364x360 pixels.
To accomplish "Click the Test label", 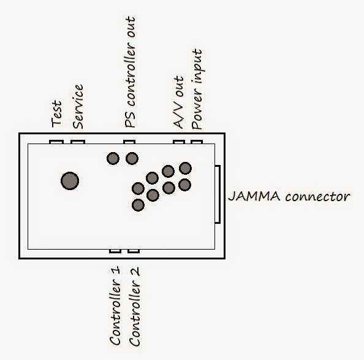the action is click(57, 113).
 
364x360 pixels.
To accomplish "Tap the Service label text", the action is click(78, 107).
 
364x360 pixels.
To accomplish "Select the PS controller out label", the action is click(130, 72).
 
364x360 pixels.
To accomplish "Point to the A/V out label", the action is click(179, 102).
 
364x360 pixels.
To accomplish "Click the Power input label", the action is click(197, 89).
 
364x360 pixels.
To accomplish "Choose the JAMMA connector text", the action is click(289, 196).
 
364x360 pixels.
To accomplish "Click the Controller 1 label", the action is click(115, 305).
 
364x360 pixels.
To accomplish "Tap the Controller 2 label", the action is click(134, 307).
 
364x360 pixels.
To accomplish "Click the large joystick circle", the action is click(70, 181).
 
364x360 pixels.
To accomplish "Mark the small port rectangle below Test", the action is click(56, 142).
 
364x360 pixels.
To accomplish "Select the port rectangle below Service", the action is click(78, 142).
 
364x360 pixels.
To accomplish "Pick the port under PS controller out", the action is click(129, 142).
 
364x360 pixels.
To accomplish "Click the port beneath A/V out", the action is click(179, 142).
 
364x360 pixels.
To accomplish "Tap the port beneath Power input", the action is click(197, 142).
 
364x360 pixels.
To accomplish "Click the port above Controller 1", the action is click(115, 251).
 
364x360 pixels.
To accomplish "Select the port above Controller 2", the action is click(134, 251).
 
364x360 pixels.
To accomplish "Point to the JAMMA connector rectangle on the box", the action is click(218, 194).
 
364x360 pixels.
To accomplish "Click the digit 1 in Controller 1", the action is click(115, 270).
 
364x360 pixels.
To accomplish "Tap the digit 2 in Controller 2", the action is click(135, 271).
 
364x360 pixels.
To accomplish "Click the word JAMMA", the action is click(254, 196).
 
